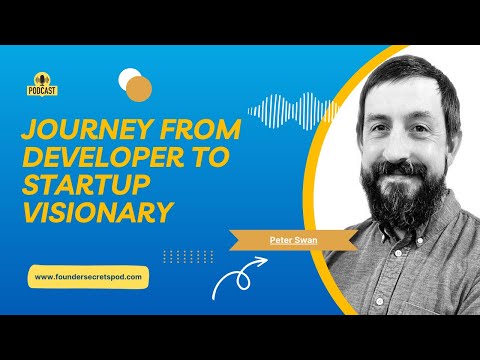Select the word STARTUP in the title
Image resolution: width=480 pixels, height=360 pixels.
tap(84, 187)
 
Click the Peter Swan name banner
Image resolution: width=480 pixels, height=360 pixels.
tap(289, 241)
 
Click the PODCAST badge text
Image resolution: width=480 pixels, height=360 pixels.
tap(42, 90)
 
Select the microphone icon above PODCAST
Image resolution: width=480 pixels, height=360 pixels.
tap(42, 77)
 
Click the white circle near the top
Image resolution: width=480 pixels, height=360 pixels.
tap(129, 78)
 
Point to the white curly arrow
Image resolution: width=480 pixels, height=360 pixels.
tap(236, 281)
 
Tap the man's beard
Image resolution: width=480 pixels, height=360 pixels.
tap(395, 195)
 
